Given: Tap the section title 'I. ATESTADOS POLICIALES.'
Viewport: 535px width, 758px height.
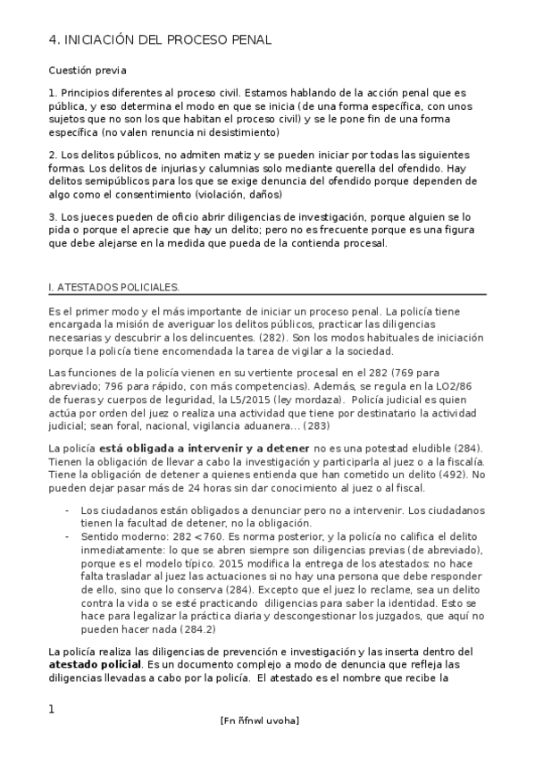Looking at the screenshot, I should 113,287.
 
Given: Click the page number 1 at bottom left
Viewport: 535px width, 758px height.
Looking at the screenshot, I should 51,710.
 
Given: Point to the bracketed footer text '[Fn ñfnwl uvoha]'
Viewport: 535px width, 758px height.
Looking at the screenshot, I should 259,720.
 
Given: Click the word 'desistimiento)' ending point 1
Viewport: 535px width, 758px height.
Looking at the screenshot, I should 242,132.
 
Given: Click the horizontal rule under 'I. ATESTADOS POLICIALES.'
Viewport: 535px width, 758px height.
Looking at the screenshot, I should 267,296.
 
